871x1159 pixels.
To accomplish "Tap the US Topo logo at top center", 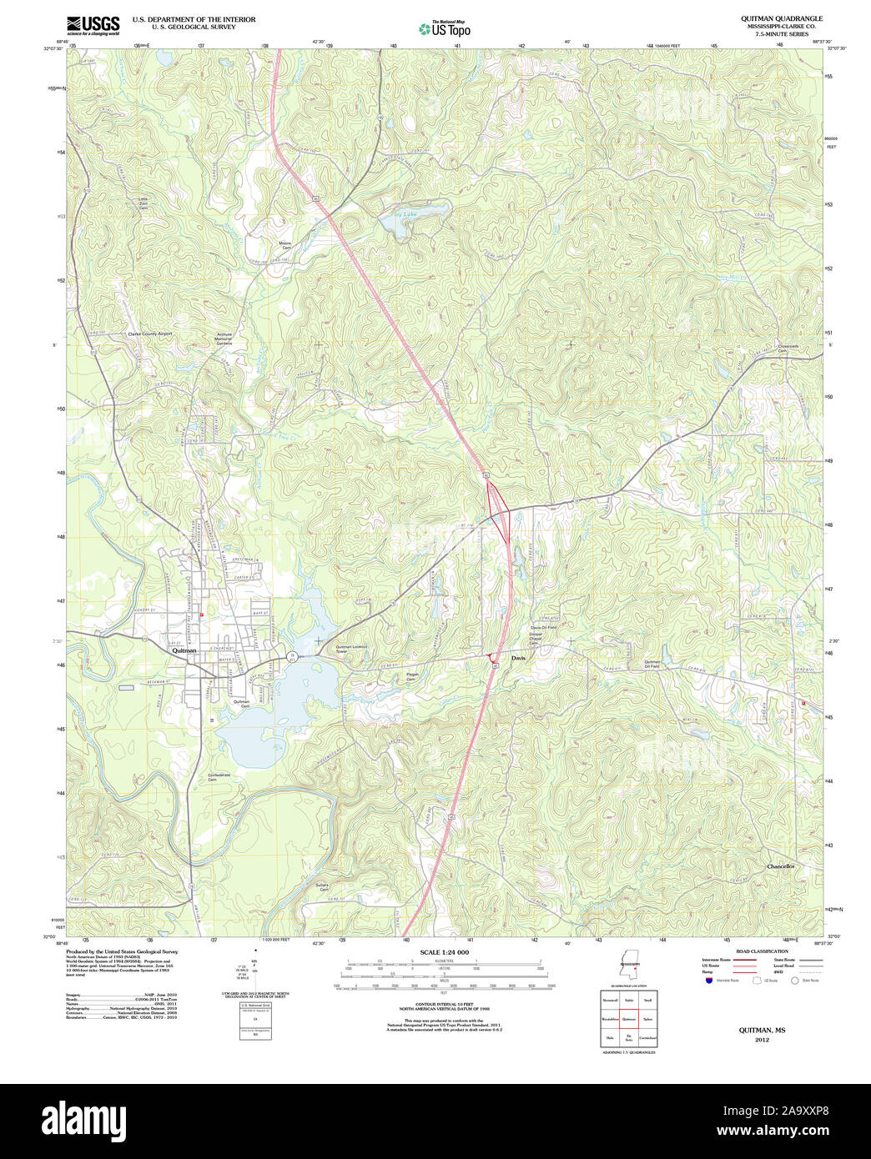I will [x=445, y=28].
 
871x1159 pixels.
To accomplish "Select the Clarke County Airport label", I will [x=149, y=334].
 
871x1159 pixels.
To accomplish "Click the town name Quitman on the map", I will [x=184, y=651].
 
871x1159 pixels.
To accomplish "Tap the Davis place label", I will [x=519, y=657].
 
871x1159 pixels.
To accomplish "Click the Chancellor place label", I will [x=781, y=866].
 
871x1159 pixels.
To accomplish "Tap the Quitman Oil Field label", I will [x=652, y=664].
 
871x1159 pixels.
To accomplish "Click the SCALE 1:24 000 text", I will [x=444, y=952].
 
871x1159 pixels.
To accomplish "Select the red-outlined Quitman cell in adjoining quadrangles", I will [x=629, y=1019].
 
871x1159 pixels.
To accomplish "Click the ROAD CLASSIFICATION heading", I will [x=761, y=951].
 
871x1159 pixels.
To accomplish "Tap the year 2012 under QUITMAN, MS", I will [x=762, y=1040].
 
